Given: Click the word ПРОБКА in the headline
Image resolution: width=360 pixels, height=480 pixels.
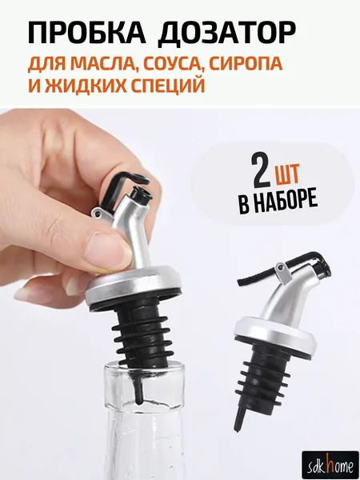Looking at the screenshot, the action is click(x=86, y=33).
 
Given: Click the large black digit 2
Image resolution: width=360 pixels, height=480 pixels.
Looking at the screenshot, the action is click(x=261, y=170).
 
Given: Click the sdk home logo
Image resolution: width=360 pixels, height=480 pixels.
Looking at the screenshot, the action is click(x=330, y=466).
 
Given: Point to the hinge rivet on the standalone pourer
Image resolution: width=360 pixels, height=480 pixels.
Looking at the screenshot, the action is click(x=279, y=269).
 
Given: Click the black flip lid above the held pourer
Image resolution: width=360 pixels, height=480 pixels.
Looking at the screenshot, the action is click(x=122, y=186).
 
